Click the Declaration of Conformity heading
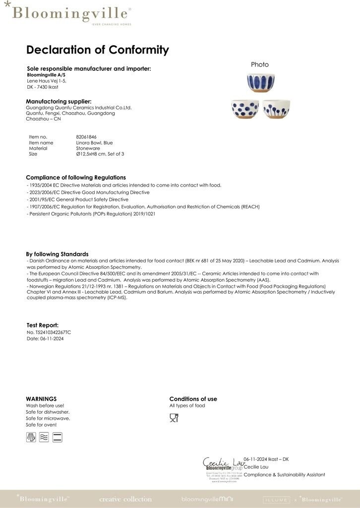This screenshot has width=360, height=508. click(x=97, y=50)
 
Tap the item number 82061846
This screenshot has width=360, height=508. click(x=86, y=137)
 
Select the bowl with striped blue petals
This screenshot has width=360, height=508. click(x=260, y=83)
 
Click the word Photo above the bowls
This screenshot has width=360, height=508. click(x=260, y=64)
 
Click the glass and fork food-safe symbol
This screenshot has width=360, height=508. click(x=174, y=418)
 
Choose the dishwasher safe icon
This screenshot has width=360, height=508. click(x=31, y=437)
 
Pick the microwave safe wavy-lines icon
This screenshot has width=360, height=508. click(x=44, y=437)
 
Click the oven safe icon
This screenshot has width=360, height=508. click(x=57, y=437)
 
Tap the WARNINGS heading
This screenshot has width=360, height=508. click(x=41, y=399)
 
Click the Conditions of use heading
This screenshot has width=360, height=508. click(x=193, y=399)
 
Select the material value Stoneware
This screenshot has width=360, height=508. click(x=88, y=148)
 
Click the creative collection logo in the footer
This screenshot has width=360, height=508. click(x=125, y=499)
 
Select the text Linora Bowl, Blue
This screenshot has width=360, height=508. click(x=94, y=143)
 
